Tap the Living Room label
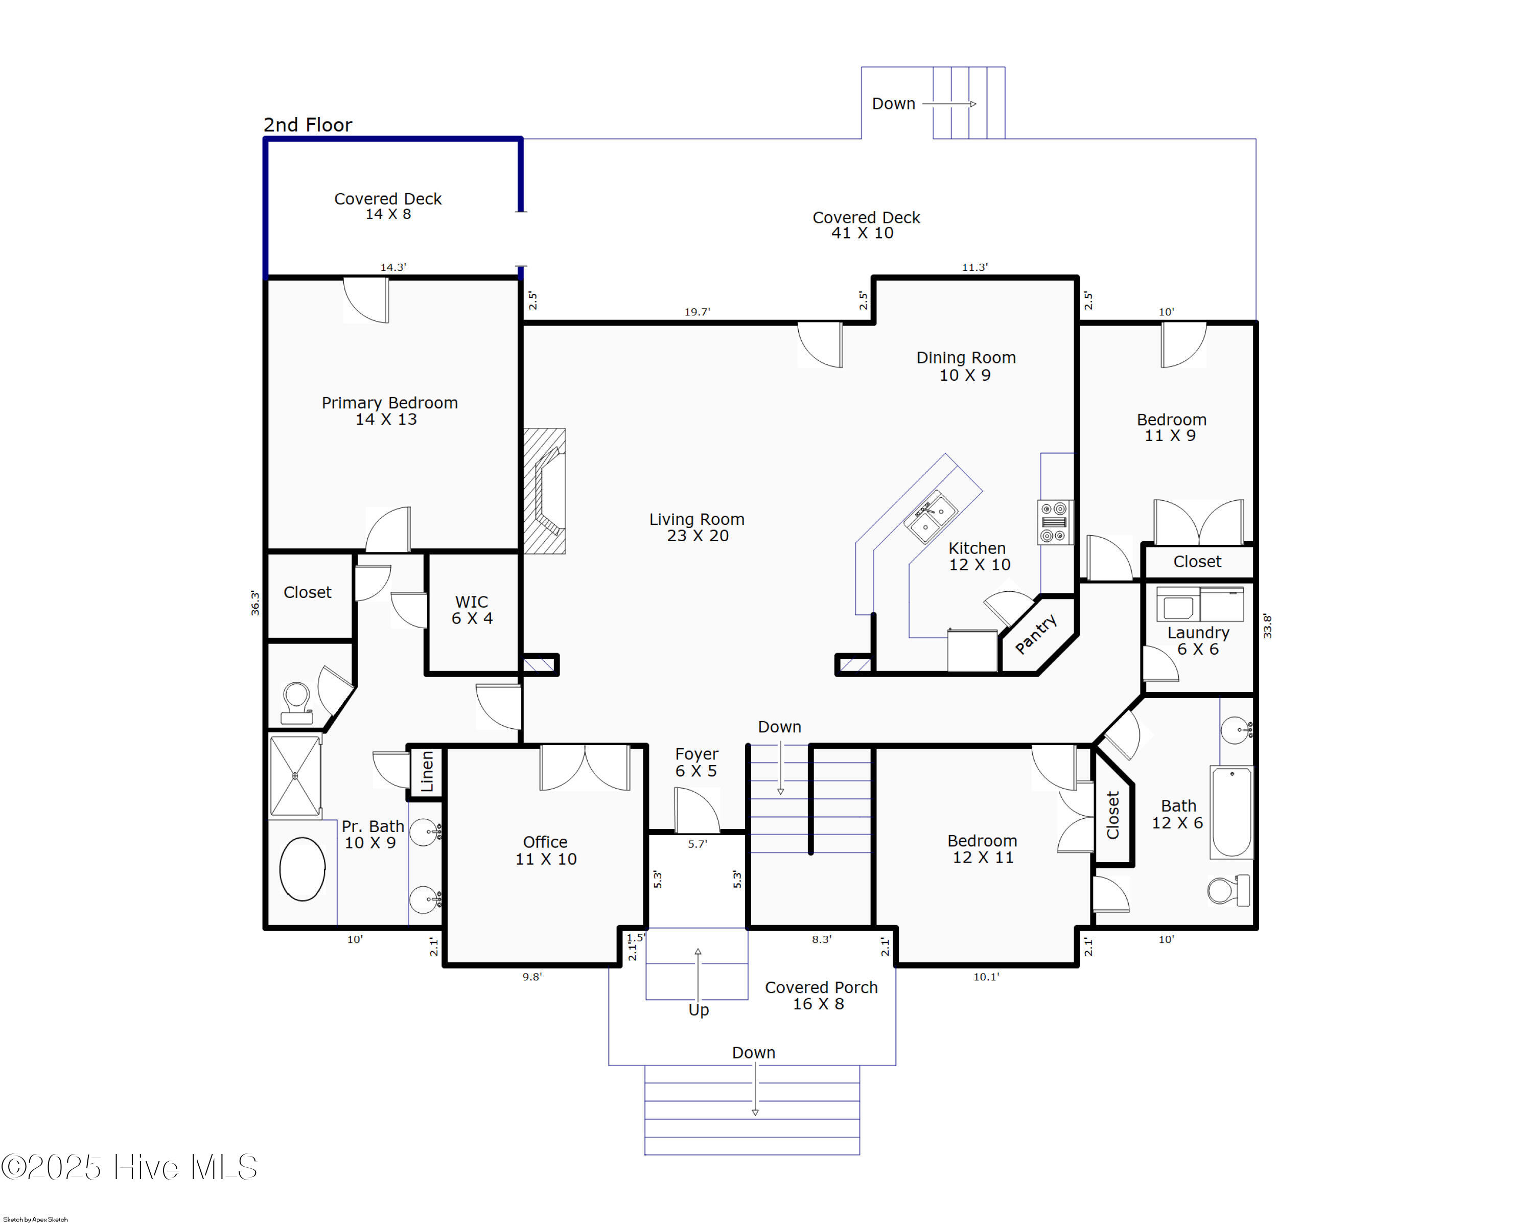click(697, 527)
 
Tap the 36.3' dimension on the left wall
click(254, 603)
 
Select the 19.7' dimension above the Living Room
click(697, 311)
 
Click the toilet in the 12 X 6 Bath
click(1228, 890)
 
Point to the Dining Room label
click(966, 366)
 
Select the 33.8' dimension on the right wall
click(1267, 626)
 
